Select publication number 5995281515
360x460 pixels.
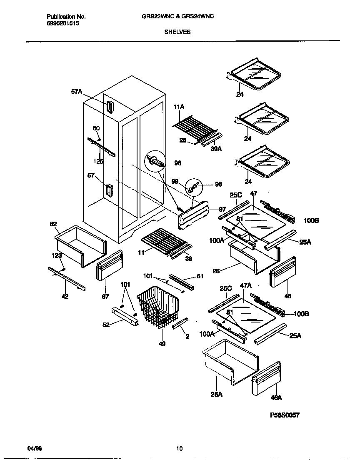pyautogui.click(x=63, y=23)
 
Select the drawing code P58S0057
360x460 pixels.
pyautogui.click(x=285, y=415)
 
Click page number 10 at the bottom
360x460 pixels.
pyautogui.click(x=179, y=449)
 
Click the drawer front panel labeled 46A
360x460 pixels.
pyautogui.click(x=266, y=378)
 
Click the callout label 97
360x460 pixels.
pyautogui.click(x=222, y=209)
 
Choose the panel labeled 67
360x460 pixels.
pyautogui.click(x=109, y=266)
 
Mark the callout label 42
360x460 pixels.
pyautogui.click(x=65, y=297)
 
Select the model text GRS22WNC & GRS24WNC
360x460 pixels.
pyautogui.click(x=178, y=17)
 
